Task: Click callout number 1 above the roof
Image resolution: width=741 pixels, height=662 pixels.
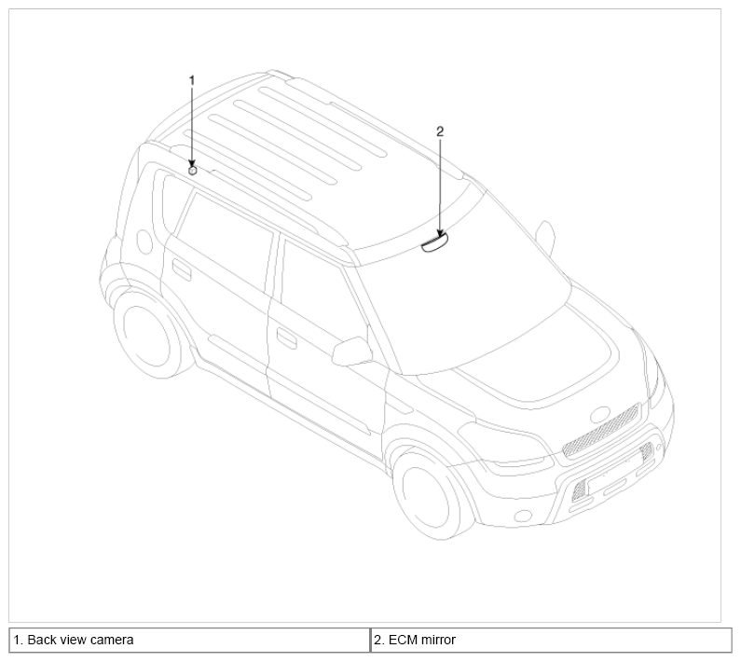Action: point(192,81)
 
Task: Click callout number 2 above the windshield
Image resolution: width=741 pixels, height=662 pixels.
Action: point(440,131)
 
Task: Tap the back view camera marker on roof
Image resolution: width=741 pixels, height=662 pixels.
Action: point(192,171)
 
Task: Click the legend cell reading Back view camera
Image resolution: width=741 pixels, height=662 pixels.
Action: point(189,641)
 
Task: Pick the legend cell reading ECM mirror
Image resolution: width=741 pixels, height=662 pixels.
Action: point(551,641)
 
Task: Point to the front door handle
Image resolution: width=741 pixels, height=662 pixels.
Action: point(286,338)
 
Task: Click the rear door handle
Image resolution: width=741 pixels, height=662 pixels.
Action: point(182,269)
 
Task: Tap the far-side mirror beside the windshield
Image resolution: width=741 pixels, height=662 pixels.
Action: point(546,235)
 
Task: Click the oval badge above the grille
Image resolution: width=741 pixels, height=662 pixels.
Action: point(600,415)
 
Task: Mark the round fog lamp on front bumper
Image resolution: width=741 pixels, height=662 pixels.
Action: point(523,516)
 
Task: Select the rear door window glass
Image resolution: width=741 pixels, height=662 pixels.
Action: point(225,241)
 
